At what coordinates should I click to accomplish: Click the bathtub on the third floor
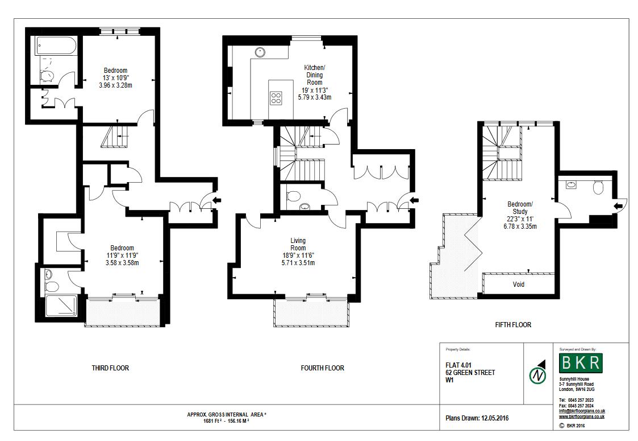(x=56, y=46)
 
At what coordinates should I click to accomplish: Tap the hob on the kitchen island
(x=276, y=97)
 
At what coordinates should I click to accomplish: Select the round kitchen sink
(x=261, y=52)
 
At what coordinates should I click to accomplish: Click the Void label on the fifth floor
(x=518, y=285)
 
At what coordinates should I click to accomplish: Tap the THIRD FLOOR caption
(x=110, y=368)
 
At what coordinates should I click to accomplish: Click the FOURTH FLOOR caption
(x=322, y=368)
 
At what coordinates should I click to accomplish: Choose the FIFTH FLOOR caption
(x=513, y=325)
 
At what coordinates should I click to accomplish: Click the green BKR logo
(x=580, y=362)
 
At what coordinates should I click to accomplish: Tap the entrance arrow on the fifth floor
(x=619, y=205)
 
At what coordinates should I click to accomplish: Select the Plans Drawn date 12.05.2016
(x=477, y=418)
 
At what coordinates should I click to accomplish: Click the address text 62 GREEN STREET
(x=470, y=373)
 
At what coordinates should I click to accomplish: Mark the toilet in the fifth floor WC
(x=597, y=187)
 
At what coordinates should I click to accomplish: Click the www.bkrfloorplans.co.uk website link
(x=582, y=417)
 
